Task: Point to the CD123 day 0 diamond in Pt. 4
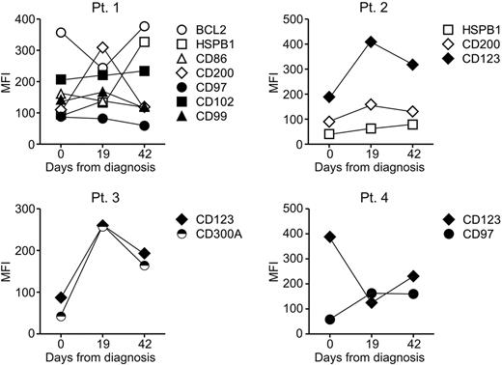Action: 330,237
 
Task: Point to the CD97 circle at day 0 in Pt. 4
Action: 330,320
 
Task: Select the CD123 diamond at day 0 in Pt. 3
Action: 63,297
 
